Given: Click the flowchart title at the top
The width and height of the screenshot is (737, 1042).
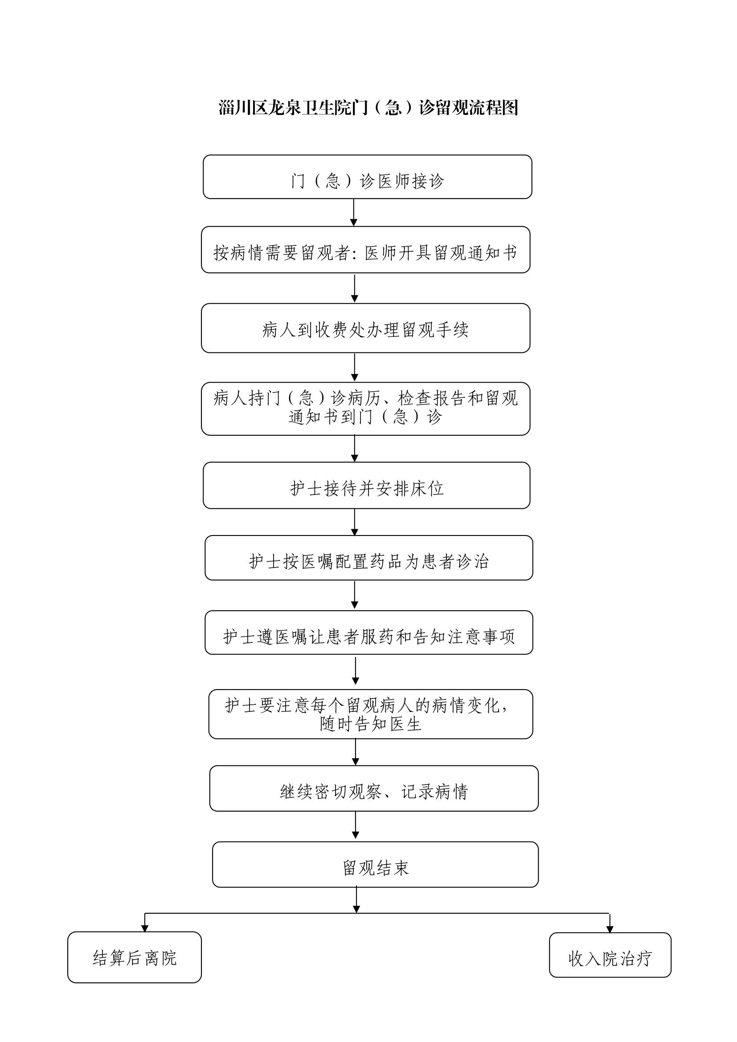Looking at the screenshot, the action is [368, 108].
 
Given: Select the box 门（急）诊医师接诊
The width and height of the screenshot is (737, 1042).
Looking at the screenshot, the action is [367, 177].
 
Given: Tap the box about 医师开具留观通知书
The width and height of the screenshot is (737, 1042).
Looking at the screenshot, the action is [366, 249].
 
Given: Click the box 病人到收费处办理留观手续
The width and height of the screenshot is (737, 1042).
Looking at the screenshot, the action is [366, 328].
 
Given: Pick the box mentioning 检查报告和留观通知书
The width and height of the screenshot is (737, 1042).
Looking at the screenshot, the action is [366, 409].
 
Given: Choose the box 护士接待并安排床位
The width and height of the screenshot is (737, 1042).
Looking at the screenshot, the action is [367, 486].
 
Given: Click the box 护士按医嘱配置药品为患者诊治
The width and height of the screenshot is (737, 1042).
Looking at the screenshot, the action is [369, 558].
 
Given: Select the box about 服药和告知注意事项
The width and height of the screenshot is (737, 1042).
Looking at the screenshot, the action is [369, 633].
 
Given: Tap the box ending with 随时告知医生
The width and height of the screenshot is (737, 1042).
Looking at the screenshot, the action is [371, 714].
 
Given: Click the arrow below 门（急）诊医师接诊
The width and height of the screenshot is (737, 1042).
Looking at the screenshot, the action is [353, 212].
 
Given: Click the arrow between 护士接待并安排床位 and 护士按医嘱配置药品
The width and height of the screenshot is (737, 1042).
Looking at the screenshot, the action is [354, 522].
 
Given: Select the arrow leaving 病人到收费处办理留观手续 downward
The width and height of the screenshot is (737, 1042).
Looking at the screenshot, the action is [354, 367].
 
